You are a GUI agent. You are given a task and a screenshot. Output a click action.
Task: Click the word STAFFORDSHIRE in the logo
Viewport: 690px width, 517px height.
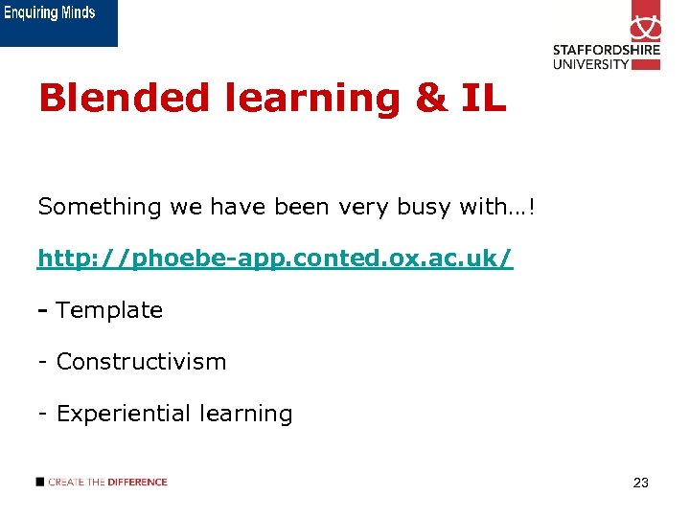[606, 52]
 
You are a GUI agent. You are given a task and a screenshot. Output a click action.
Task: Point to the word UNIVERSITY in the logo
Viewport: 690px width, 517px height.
[591, 64]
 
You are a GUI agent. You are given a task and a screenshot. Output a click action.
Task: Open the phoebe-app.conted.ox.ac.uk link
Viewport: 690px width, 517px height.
[275, 258]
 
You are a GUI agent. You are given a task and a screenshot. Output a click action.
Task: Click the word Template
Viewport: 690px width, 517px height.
[109, 310]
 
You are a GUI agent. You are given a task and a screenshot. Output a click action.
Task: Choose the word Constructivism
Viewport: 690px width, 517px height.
[141, 362]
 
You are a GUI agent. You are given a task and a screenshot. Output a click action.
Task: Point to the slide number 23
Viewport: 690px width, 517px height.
[640, 483]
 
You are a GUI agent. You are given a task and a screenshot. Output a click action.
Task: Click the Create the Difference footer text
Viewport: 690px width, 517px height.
[107, 482]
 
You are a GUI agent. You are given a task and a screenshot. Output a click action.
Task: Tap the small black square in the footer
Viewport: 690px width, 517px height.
[40, 482]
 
